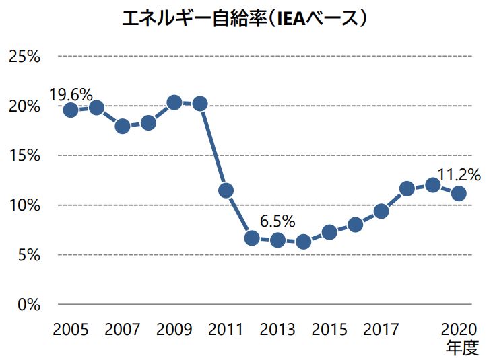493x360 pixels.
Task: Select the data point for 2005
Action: pos(71,110)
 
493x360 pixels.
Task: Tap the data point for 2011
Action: pos(226,190)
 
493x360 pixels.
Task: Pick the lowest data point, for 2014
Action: pos(304,242)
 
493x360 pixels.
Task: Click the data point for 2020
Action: pos(459,193)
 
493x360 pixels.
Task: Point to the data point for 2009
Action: pos(174,102)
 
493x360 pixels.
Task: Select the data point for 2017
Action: pos(381,211)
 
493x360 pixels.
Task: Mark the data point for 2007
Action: pos(123,126)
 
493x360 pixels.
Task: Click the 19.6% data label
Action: pos(71,94)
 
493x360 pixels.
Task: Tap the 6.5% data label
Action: pos(278,221)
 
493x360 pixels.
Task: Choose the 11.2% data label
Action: pos(459,176)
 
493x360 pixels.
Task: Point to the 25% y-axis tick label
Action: pos(25,56)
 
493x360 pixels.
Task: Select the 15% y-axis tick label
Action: pos(25,155)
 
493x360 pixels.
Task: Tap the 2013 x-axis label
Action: pos(278,330)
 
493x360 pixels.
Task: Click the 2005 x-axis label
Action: pos(71,330)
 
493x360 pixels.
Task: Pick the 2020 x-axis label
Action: pos(459,330)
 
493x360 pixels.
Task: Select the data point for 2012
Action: pos(252,238)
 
